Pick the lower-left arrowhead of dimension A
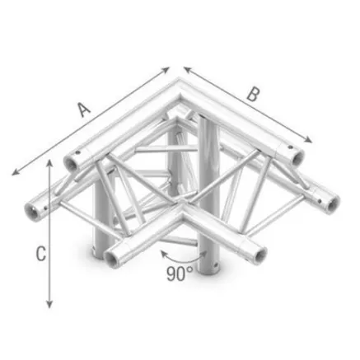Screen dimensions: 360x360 (14, 172)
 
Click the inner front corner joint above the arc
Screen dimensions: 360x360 (178, 216)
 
